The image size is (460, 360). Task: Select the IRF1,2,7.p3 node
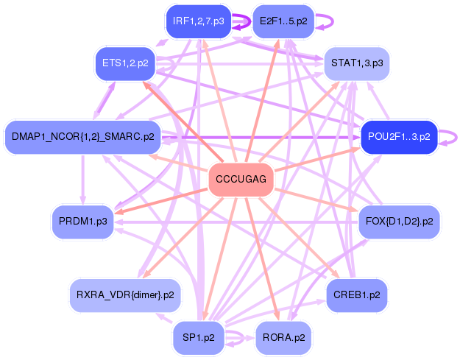point(198,21)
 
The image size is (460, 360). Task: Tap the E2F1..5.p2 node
point(283,21)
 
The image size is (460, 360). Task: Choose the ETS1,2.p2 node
point(124,63)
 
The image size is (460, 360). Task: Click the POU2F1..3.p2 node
point(399,136)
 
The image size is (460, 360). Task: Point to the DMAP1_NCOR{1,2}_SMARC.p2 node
point(83,136)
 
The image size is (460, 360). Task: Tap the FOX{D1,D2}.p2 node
point(398,220)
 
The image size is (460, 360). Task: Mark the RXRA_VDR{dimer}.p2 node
point(125,294)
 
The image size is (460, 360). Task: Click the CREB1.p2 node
point(356,294)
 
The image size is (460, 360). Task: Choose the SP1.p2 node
point(198,338)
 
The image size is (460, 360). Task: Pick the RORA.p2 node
point(283,338)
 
